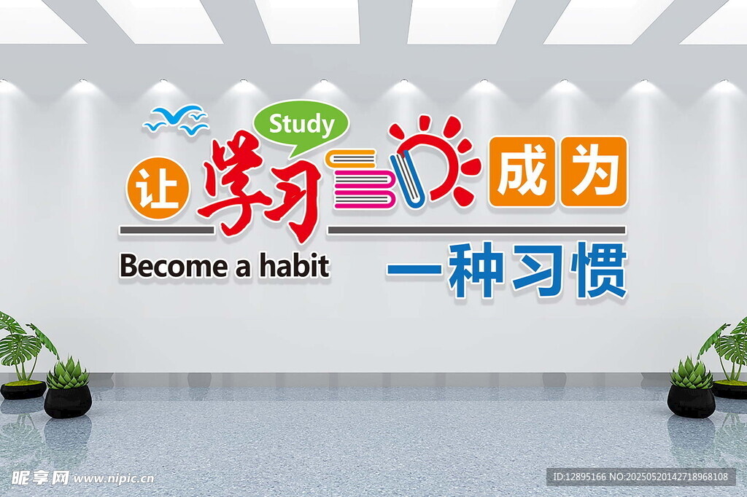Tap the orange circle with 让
pos(158,188)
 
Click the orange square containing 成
pos(522,172)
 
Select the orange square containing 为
pos(593,172)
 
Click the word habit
pos(294,265)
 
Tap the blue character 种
pos(475,270)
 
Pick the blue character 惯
pos(600,270)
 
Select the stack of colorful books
pos(363,179)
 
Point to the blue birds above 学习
pos(176,119)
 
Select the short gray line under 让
pos(166,230)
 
